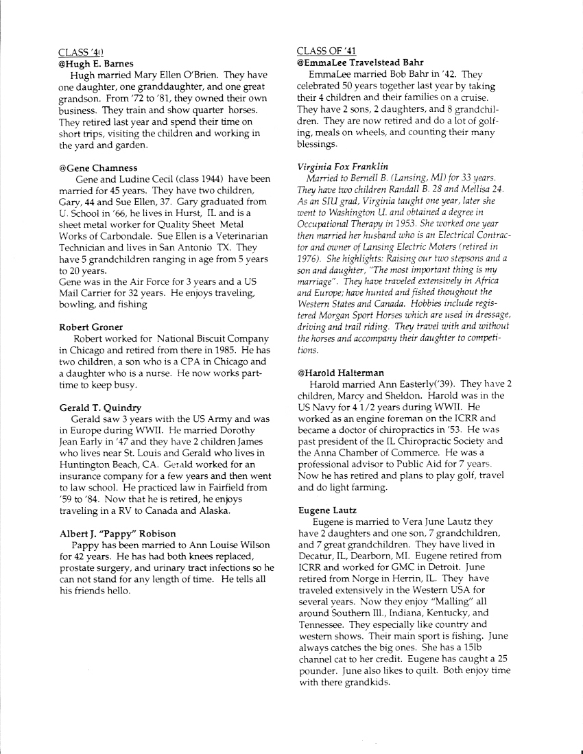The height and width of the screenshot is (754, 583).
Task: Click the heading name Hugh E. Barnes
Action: coord(96,63)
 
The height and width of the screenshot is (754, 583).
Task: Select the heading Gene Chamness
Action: coord(98,167)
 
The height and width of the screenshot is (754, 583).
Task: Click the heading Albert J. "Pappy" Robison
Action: coord(117,534)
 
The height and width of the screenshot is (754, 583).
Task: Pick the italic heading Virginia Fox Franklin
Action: coord(343,167)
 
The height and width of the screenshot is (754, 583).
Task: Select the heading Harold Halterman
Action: coord(341,373)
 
